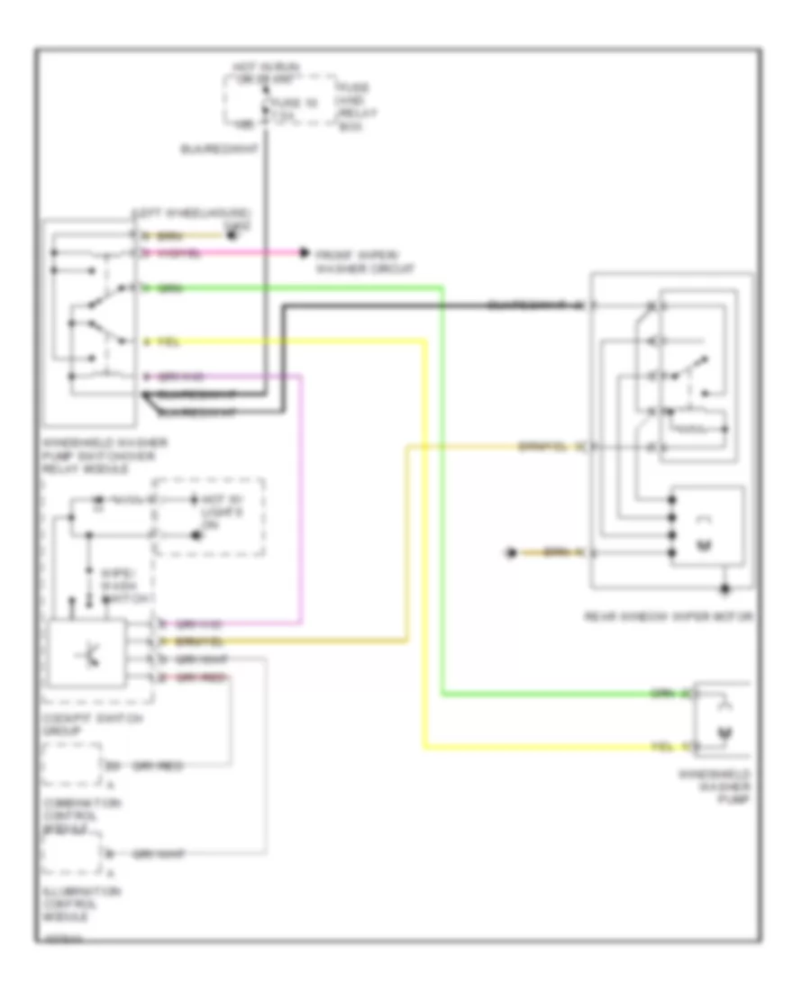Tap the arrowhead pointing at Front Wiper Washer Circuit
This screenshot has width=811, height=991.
(304, 253)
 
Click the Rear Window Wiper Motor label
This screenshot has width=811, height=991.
(668, 616)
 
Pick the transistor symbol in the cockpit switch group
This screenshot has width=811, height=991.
(89, 653)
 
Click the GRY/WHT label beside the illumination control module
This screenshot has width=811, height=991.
(159, 853)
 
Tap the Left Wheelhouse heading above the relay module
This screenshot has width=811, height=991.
(189, 214)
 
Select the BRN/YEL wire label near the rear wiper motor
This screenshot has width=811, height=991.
(539, 445)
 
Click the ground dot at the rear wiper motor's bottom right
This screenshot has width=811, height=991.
(726, 591)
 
